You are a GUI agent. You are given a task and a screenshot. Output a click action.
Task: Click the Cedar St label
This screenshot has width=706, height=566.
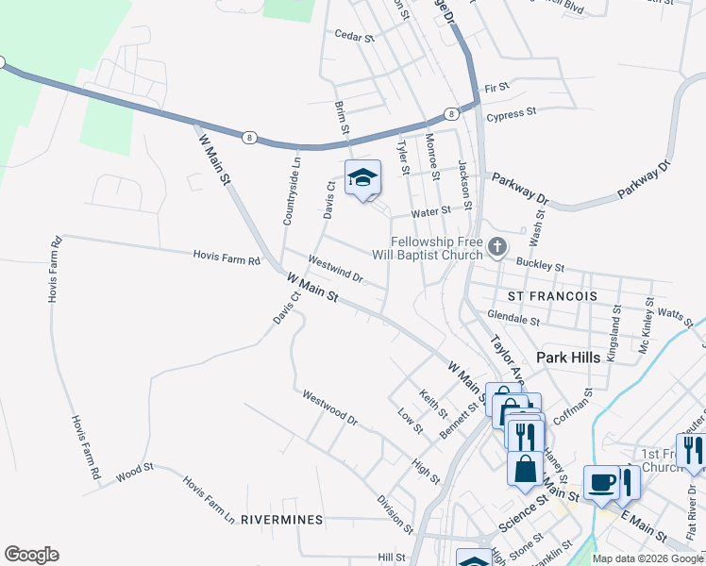click(x=356, y=35)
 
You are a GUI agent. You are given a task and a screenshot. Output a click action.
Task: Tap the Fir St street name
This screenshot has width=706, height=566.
click(x=496, y=88)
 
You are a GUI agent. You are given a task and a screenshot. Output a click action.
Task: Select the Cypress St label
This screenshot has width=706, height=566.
click(x=511, y=111)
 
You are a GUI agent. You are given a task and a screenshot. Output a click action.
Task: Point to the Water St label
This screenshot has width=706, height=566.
click(x=431, y=212)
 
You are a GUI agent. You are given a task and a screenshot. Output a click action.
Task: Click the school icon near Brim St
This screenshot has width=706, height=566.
click(x=362, y=177)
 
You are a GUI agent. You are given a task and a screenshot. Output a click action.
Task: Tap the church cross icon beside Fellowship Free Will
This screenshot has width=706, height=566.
click(x=497, y=247)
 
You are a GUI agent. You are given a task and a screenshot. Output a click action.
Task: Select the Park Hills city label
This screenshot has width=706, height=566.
click(x=569, y=358)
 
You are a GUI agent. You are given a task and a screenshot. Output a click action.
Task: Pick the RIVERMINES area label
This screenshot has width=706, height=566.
click(x=281, y=520)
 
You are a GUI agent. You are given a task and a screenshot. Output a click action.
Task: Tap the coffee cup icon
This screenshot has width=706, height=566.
click(x=601, y=482)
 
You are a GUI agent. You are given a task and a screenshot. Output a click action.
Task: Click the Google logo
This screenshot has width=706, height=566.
click(x=31, y=555)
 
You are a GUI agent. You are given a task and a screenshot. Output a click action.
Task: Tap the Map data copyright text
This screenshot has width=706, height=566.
click(x=647, y=558)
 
